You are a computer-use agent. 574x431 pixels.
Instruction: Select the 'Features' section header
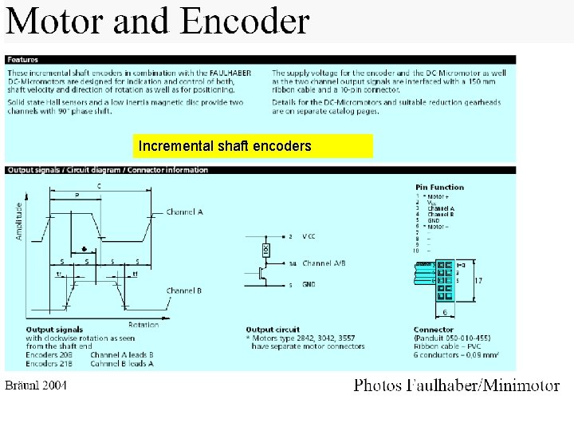(x=24, y=60)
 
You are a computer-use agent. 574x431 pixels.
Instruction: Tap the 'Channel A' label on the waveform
(x=184, y=212)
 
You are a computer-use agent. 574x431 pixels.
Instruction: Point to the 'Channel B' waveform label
(x=183, y=291)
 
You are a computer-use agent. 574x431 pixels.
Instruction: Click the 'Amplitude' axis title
(x=19, y=221)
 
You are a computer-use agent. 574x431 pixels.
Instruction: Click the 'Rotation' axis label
(x=143, y=324)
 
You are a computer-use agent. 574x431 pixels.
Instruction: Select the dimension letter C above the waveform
(x=99, y=187)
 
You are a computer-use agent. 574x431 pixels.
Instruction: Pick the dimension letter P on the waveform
(x=77, y=195)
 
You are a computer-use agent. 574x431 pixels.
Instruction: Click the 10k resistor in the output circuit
(x=266, y=250)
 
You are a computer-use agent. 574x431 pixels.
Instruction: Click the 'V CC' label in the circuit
(x=309, y=236)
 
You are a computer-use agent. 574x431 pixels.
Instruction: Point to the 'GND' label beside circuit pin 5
(x=309, y=283)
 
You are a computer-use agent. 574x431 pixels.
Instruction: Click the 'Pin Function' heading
(x=439, y=187)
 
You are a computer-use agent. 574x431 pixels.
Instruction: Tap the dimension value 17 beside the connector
(x=478, y=280)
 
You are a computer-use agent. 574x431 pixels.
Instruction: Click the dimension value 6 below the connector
(x=444, y=311)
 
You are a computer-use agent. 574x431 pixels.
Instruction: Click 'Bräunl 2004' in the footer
(x=37, y=386)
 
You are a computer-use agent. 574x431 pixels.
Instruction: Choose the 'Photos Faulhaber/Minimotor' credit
(x=456, y=386)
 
